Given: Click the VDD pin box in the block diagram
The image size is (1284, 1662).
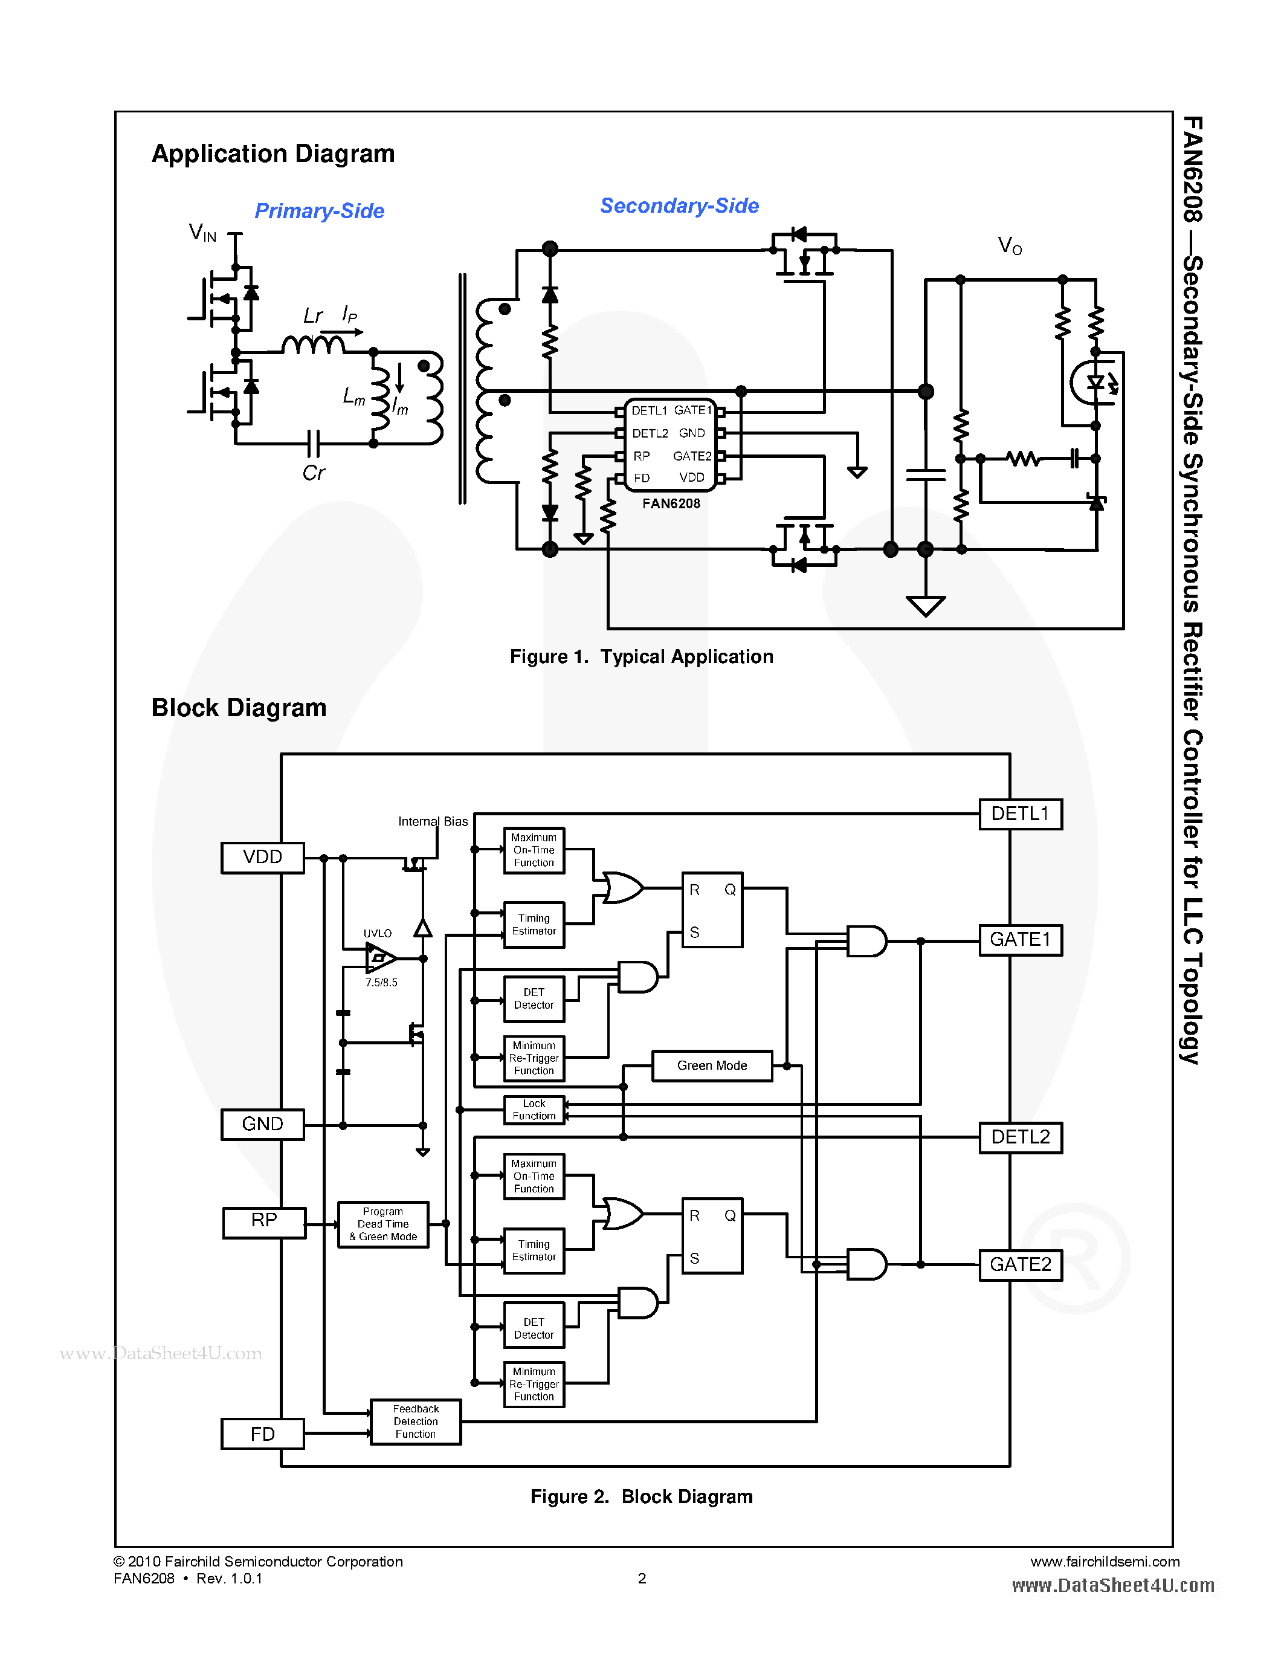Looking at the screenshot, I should pos(262,858).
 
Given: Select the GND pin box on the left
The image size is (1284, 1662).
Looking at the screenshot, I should pos(262,1124).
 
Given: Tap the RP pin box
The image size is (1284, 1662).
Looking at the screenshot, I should pos(264,1221).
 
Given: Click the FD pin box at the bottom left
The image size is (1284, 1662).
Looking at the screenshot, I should pos(262,1434).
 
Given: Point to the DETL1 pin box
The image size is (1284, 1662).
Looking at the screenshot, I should pos(1020,813).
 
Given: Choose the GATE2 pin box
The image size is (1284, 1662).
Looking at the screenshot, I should pos(1020,1265).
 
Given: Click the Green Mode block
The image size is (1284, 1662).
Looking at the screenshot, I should pos(712,1065).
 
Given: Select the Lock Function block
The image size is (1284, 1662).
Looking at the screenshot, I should pos(534,1110).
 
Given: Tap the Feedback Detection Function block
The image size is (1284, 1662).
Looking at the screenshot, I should pos(415,1421).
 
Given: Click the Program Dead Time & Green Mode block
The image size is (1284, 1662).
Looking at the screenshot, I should pos(382,1224).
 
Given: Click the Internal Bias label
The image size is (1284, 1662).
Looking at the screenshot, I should pos(433,822).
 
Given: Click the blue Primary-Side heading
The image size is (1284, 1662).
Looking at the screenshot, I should pos(320,211).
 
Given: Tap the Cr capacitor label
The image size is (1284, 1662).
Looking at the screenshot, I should pos(314,473).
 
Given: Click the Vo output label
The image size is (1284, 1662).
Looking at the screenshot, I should pos(1010,246).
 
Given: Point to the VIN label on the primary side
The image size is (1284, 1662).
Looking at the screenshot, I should pos(202,232).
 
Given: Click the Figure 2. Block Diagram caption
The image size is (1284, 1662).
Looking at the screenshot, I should pos(641,1497).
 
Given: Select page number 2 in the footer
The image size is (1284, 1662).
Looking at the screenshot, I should pos(642,1578).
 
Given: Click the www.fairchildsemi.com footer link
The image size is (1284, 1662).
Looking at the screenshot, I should pos(1105,1562).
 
